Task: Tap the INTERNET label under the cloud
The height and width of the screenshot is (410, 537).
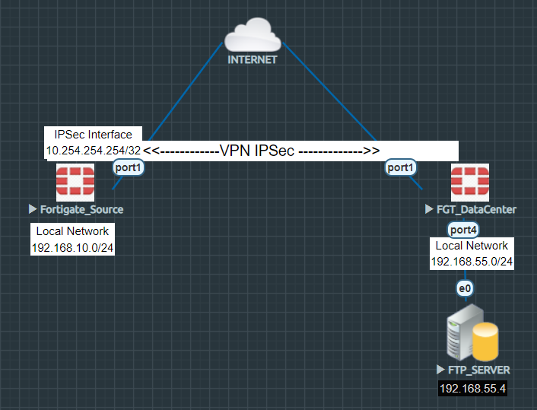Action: pyautogui.click(x=253, y=59)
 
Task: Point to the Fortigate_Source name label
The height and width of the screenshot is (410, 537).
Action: pyautogui.click(x=81, y=209)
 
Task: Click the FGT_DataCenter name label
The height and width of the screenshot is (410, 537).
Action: pyautogui.click(x=476, y=209)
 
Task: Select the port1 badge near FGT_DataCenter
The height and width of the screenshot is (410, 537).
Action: pyautogui.click(x=401, y=167)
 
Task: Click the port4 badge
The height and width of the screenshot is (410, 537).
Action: pyautogui.click(x=463, y=229)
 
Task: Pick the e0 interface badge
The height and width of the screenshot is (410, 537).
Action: pyautogui.click(x=465, y=288)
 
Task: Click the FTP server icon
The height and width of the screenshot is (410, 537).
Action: pyautogui.click(x=472, y=334)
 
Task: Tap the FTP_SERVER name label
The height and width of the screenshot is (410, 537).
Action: pyautogui.click(x=478, y=370)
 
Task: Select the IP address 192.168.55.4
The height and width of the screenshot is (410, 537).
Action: pyautogui.click(x=473, y=389)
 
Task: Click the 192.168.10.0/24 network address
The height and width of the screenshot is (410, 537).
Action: pyautogui.click(x=72, y=248)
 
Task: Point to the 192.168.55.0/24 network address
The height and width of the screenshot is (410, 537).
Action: pyautogui.click(x=472, y=262)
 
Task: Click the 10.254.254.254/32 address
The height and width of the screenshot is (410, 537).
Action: pyautogui.click(x=94, y=150)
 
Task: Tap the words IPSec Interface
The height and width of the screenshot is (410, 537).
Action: pyautogui.click(x=94, y=135)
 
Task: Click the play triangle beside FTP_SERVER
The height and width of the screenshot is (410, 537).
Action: pyautogui.click(x=440, y=370)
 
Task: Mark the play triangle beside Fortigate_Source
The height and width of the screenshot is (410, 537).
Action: pyautogui.click(x=33, y=209)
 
